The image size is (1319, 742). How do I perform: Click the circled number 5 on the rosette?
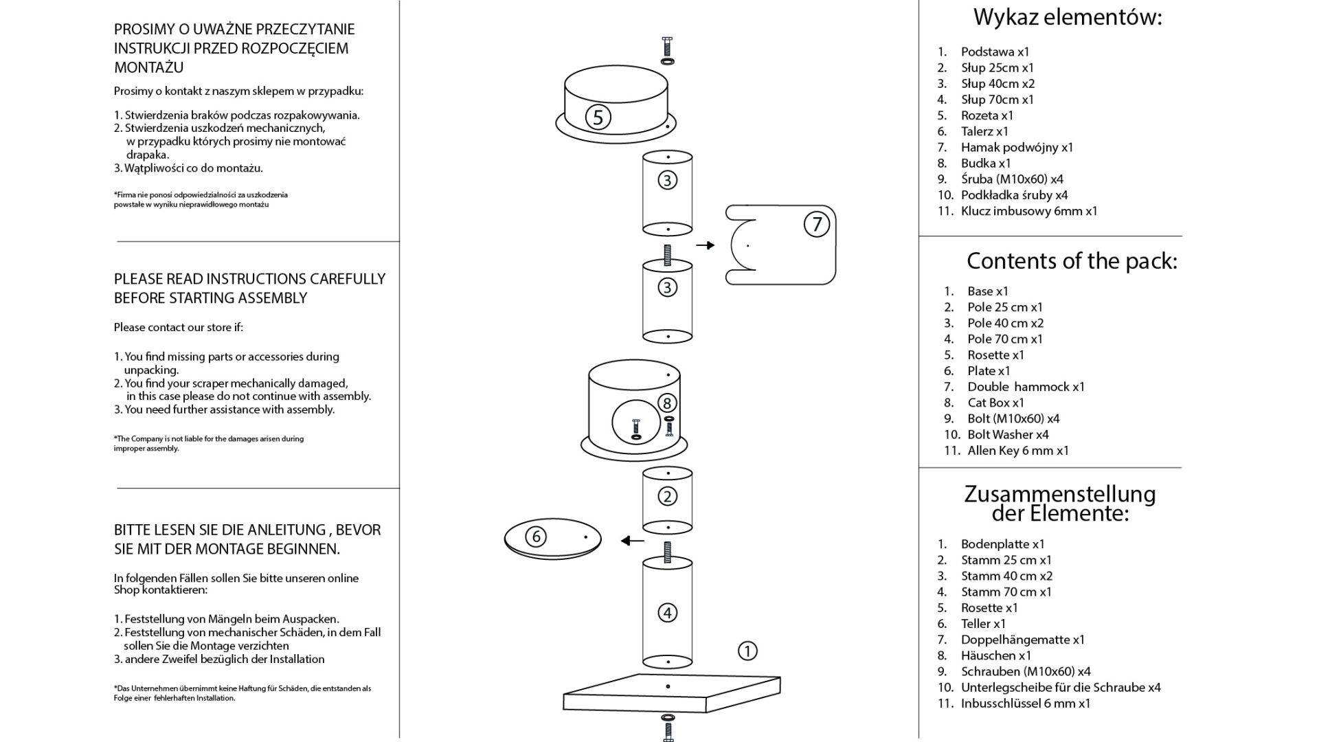(x=598, y=117)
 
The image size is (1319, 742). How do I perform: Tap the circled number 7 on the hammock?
(x=817, y=225)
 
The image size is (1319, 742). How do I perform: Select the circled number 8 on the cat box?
(x=666, y=403)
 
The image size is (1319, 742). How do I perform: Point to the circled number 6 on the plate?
(x=536, y=537)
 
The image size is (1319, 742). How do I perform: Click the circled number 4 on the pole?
(x=668, y=613)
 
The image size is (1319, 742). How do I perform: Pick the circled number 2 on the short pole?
(x=668, y=496)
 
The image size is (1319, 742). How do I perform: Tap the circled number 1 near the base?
(x=747, y=651)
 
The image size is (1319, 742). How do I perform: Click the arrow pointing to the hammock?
(x=706, y=245)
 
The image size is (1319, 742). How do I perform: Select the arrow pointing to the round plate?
(x=633, y=541)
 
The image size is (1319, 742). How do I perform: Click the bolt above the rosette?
(x=666, y=50)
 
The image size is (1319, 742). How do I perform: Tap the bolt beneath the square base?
(x=667, y=727)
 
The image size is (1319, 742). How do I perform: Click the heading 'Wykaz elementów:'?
(x=1068, y=17)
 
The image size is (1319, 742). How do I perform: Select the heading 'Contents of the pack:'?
(x=1072, y=261)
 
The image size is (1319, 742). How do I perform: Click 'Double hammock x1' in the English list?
(x=1026, y=387)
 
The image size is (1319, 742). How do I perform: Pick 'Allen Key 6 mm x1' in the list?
(x=1018, y=451)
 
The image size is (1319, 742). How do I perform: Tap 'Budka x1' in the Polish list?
(x=986, y=164)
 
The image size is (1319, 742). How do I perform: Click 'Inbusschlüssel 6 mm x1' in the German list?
(x=1026, y=704)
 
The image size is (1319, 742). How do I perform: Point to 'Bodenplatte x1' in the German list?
(x=1003, y=544)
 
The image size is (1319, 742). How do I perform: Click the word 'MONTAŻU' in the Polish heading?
(x=148, y=67)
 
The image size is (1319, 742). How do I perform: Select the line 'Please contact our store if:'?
(x=179, y=327)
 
